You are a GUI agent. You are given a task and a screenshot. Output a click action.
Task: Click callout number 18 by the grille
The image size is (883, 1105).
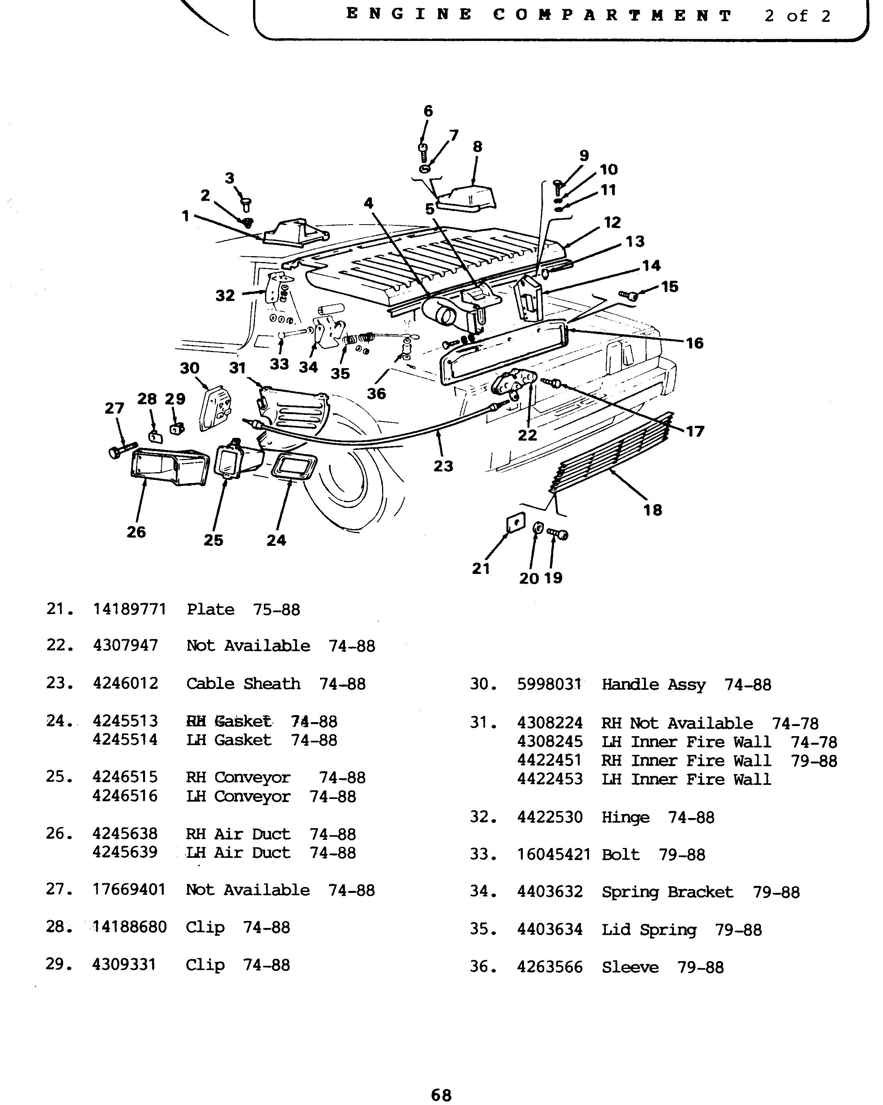[x=652, y=510]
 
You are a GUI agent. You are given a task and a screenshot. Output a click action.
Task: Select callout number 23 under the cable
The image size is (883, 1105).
[x=443, y=466]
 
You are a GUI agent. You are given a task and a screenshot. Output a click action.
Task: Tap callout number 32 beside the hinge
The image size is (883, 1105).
[x=225, y=295]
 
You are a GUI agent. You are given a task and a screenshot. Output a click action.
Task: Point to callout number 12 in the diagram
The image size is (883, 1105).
[x=612, y=222]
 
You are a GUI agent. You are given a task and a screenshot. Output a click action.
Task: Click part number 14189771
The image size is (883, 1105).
[x=130, y=609]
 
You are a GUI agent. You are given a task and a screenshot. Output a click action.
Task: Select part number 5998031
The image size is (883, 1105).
[x=549, y=684]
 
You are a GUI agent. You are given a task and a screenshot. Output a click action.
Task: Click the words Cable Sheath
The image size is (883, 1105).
[x=243, y=684]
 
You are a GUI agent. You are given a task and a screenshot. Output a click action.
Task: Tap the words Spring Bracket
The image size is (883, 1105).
[x=667, y=892]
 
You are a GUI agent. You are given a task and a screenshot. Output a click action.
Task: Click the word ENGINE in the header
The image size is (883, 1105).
[x=409, y=14]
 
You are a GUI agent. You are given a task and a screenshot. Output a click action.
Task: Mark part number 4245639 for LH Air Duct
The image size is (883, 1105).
[x=125, y=852]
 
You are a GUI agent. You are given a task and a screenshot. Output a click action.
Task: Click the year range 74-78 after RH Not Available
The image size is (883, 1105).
[x=795, y=723]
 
